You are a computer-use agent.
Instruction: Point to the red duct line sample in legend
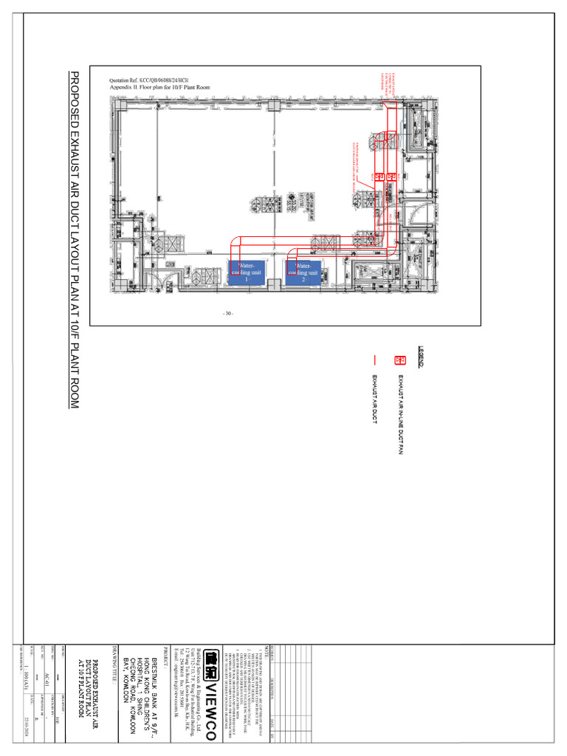click(x=376, y=361)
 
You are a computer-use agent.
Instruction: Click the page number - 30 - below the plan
click(x=228, y=314)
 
